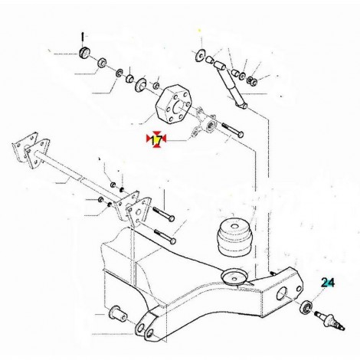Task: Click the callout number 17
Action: [156, 140]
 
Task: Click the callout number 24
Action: [328, 283]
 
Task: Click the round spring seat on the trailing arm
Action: [234, 277]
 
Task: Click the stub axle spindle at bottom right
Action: [329, 321]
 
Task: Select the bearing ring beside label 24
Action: [306, 306]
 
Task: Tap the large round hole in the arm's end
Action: [282, 294]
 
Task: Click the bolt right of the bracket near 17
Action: [232, 130]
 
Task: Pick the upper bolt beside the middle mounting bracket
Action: [163, 214]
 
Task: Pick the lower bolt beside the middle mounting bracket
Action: [165, 236]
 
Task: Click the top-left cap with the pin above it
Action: [84, 52]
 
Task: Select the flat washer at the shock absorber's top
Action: [200, 55]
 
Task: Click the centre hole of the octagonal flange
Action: [178, 107]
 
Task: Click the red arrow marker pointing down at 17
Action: [156, 133]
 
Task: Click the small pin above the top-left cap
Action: [83, 38]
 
